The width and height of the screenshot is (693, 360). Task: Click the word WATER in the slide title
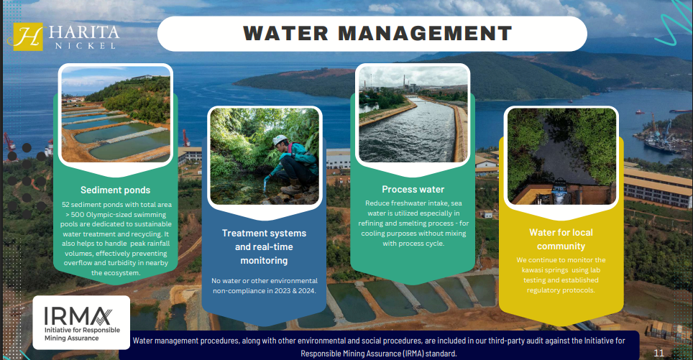285,34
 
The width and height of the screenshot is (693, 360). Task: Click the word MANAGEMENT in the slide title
425,34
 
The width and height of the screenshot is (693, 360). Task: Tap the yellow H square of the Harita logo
28,37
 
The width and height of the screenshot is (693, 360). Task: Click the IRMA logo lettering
78,315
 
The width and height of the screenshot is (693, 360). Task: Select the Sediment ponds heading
115,190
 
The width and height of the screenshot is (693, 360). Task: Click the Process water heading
413,190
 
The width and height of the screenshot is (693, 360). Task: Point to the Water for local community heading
561,239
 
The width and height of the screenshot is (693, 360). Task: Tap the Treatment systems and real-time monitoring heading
264,246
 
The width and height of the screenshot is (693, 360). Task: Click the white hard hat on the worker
280,140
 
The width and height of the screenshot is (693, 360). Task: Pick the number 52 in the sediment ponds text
66,205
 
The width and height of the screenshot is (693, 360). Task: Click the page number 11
659,353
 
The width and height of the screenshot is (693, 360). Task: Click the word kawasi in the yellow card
533,270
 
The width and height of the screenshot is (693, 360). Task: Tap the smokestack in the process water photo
403,82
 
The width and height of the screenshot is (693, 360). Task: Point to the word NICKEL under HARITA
85,45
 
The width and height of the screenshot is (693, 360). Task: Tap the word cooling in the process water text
374,234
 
